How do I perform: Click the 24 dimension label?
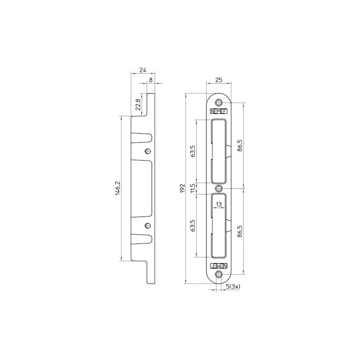pos(143,70)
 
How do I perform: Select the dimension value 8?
pos(151,81)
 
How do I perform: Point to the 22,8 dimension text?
pos(138,104)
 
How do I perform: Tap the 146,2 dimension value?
pos(118,188)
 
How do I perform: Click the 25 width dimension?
pos(219,80)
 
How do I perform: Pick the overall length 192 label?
pos(182,188)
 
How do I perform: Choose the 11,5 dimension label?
pos(193,188)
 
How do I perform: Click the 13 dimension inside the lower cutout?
pos(219,204)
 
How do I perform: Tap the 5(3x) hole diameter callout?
pos(233,286)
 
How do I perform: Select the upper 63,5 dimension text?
pos(193,151)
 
